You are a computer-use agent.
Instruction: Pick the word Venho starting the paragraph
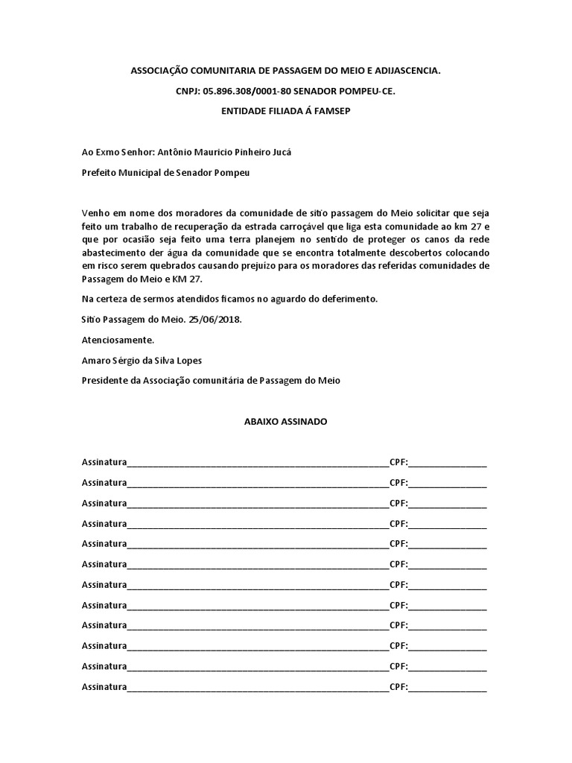tap(96, 214)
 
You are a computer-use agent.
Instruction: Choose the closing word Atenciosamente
tap(118, 340)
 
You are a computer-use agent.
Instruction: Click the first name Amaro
tap(96, 360)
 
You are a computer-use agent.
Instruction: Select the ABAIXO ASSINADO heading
tap(285, 421)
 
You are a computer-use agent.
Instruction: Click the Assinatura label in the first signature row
tap(104, 462)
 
